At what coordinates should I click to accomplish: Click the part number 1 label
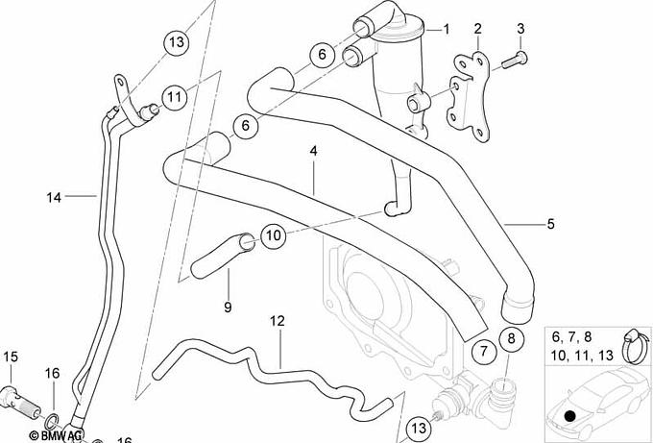[x=447, y=30]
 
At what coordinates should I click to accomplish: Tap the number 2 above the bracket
[x=477, y=29]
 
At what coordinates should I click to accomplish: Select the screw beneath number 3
[x=515, y=60]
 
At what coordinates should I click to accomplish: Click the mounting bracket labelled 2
[x=469, y=95]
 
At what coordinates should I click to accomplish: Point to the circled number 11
[x=175, y=97]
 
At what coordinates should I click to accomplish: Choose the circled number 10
[x=274, y=235]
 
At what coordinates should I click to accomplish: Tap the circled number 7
[x=483, y=351]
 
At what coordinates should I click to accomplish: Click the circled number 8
[x=512, y=338]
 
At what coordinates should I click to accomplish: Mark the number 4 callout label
[x=314, y=151]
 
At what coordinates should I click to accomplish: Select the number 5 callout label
[x=551, y=224]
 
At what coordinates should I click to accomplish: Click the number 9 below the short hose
[x=228, y=308]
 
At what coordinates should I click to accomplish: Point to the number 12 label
[x=278, y=321]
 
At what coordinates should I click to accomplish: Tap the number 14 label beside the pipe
[x=54, y=198]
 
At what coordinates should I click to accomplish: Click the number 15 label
[x=11, y=357]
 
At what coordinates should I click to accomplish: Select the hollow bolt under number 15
[x=20, y=402]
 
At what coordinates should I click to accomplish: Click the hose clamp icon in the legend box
[x=636, y=346]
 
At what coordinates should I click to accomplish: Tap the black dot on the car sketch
[x=570, y=416]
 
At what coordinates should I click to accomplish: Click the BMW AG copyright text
[x=56, y=435]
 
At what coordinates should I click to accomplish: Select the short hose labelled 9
[x=220, y=256]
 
